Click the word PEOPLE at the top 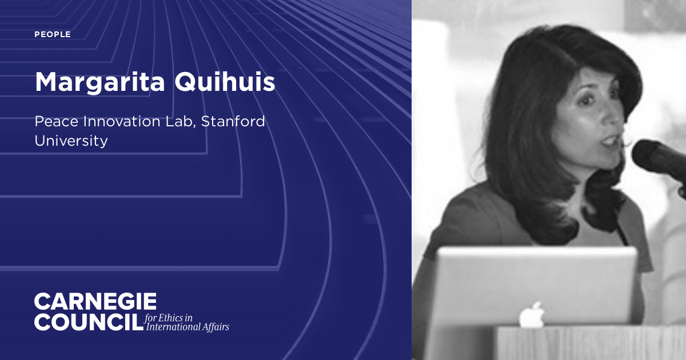[x=53, y=35]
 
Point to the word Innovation [x=119, y=122]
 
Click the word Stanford [x=234, y=122]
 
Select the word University [x=71, y=141]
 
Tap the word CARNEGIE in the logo [x=95, y=302]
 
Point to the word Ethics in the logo [x=175, y=318]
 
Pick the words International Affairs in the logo [x=188, y=327]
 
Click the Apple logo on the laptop [x=532, y=314]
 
